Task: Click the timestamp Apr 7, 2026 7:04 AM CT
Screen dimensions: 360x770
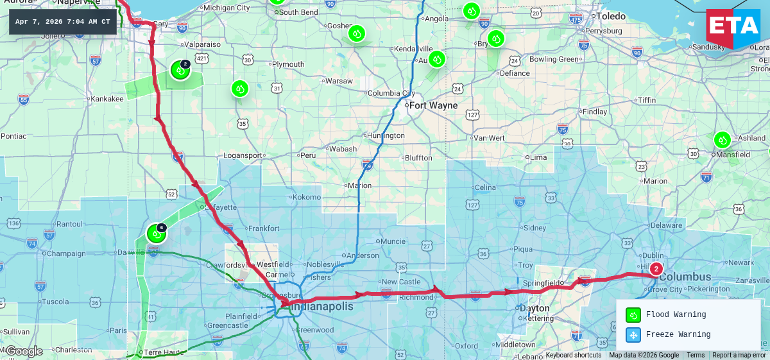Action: coord(62,22)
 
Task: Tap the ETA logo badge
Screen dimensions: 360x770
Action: coord(732,28)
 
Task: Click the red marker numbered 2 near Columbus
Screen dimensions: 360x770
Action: coord(656,269)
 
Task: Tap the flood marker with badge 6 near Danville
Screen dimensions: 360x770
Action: coord(156,234)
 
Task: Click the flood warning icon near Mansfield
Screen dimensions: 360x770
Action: coord(723,140)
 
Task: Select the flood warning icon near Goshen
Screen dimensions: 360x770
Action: coord(357,33)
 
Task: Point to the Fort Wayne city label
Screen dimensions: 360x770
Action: coord(433,105)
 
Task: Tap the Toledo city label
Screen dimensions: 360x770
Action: coord(611,16)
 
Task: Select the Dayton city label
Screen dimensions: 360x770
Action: coord(533,307)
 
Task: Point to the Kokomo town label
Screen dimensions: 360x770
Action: coord(305,197)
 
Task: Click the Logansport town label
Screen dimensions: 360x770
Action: coord(243,155)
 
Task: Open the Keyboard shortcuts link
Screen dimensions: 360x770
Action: coord(573,355)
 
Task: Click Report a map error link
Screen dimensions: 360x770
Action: coord(739,355)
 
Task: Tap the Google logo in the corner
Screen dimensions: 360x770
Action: coord(23,351)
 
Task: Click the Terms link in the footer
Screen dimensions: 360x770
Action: coord(695,355)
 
